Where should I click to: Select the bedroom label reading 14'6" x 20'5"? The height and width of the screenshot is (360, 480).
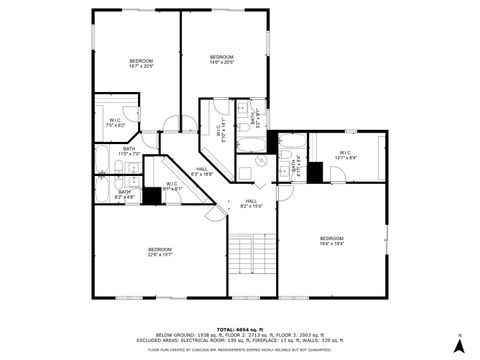coord(221,59)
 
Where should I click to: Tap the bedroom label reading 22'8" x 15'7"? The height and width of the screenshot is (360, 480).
coord(160,251)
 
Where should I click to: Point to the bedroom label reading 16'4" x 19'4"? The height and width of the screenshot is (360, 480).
coord(331,240)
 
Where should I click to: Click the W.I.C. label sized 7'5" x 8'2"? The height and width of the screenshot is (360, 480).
coord(116,123)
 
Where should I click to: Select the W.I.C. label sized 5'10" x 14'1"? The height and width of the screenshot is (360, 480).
coord(218,129)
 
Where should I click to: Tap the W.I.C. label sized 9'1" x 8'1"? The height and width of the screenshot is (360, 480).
coord(172,186)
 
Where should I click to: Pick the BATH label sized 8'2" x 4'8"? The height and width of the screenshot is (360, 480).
coord(125,194)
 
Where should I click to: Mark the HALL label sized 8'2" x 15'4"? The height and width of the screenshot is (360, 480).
coord(252,204)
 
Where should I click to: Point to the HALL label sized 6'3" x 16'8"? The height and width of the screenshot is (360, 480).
coord(203,172)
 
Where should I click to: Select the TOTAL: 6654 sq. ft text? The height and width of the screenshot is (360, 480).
coord(240,327)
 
